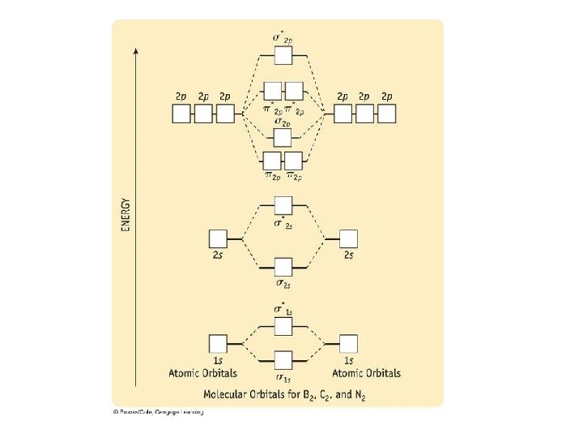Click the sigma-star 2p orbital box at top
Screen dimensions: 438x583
click(x=283, y=56)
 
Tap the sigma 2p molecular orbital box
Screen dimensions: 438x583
click(x=283, y=138)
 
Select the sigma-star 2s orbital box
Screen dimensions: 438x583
click(x=283, y=206)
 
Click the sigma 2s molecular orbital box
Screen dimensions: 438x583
click(x=283, y=267)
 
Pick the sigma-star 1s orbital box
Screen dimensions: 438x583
click(x=283, y=326)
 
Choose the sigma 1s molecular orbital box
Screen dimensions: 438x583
click(x=283, y=360)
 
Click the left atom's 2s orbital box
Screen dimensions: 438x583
click(x=218, y=238)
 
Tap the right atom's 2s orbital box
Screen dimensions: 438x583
click(x=348, y=238)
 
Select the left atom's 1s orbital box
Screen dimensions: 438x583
click(x=218, y=343)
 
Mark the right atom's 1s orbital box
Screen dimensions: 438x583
click(x=348, y=343)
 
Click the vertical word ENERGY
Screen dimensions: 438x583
click(x=126, y=213)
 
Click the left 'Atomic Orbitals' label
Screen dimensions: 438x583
click(x=202, y=373)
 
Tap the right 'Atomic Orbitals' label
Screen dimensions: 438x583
click(x=367, y=373)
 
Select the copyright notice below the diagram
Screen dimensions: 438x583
click(x=158, y=412)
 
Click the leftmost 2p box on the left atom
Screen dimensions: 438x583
click(x=181, y=114)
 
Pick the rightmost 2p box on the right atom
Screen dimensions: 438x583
click(x=387, y=114)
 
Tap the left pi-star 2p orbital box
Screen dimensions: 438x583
click(x=273, y=90)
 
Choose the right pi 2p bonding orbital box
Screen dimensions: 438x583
click(x=293, y=160)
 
